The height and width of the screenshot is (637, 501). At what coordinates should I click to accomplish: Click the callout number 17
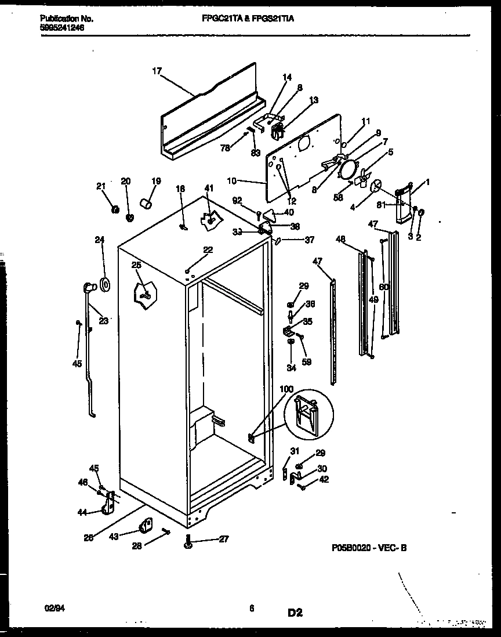(x=156, y=71)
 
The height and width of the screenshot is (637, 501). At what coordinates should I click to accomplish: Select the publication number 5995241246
(x=63, y=27)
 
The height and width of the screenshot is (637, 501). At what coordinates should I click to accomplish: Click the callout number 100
(x=286, y=389)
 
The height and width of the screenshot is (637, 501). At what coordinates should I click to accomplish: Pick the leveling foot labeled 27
(x=189, y=541)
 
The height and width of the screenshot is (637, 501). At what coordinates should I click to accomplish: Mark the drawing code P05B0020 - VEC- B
(x=369, y=547)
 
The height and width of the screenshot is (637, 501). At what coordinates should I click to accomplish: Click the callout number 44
(x=82, y=512)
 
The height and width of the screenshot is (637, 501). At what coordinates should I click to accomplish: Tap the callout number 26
(x=88, y=538)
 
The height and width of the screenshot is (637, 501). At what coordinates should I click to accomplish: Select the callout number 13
(x=313, y=100)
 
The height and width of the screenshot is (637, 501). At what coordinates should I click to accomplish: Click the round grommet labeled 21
(x=115, y=208)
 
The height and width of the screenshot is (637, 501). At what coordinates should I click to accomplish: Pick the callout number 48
(x=340, y=238)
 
